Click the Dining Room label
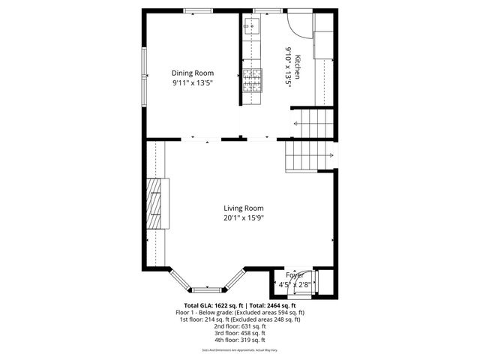(193, 73)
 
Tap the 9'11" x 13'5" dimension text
(193, 83)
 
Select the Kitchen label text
(298, 67)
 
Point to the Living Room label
(244, 208)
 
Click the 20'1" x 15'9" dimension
(244, 218)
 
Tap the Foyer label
(294, 275)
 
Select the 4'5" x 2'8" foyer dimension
(294, 285)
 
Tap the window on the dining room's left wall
(145, 75)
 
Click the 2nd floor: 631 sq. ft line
(240, 326)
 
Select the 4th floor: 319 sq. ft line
(240, 340)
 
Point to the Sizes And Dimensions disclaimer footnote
(240, 350)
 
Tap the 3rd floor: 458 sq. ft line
(240, 333)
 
